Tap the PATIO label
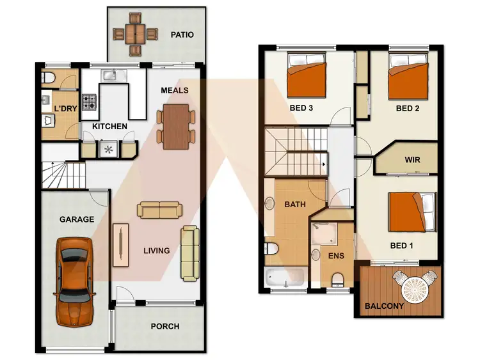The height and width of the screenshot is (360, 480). (182, 35)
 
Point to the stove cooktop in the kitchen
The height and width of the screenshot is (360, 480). (89, 100)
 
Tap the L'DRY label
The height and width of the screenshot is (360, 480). (65, 109)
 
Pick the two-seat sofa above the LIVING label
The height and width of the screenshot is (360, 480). (159, 210)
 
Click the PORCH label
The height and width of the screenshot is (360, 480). (164, 326)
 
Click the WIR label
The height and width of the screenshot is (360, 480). (413, 160)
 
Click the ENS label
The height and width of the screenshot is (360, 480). (335, 256)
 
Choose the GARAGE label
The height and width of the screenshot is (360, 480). (77, 219)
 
